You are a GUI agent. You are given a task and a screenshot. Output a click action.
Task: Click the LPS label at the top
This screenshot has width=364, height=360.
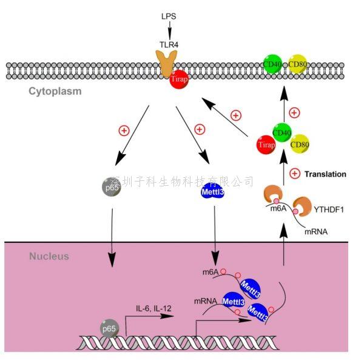(x=170, y=12)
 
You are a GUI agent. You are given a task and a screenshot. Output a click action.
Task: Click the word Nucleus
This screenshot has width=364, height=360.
(x=49, y=256)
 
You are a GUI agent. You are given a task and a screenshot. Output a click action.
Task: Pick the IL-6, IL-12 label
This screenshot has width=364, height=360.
(x=154, y=308)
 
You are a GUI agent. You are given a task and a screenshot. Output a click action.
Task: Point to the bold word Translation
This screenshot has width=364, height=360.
(x=325, y=174)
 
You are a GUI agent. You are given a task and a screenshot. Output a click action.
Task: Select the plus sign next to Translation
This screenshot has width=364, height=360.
(x=295, y=174)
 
